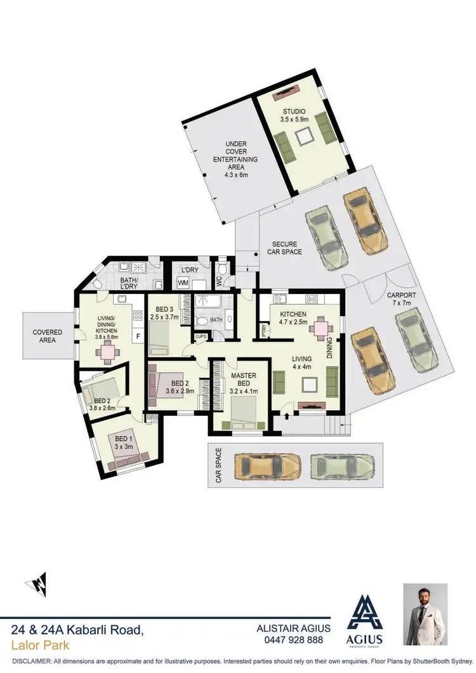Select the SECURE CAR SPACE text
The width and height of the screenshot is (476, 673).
[x=287, y=248]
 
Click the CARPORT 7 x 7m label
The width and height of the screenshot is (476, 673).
[x=402, y=300]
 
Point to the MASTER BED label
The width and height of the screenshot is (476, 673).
[x=243, y=380]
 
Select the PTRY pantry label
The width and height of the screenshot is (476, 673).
[x=264, y=330]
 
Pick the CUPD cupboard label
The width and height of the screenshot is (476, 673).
[x=201, y=336]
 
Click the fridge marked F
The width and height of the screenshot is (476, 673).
[x=136, y=335]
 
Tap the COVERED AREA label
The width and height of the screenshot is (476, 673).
[x=48, y=336]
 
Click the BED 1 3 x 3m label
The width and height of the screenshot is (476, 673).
[x=121, y=442]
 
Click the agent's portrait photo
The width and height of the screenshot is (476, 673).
[x=425, y=614]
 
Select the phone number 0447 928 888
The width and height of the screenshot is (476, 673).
[x=293, y=640]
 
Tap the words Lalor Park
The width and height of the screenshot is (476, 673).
[x=41, y=646]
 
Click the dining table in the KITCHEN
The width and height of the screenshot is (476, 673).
[x=321, y=327]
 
